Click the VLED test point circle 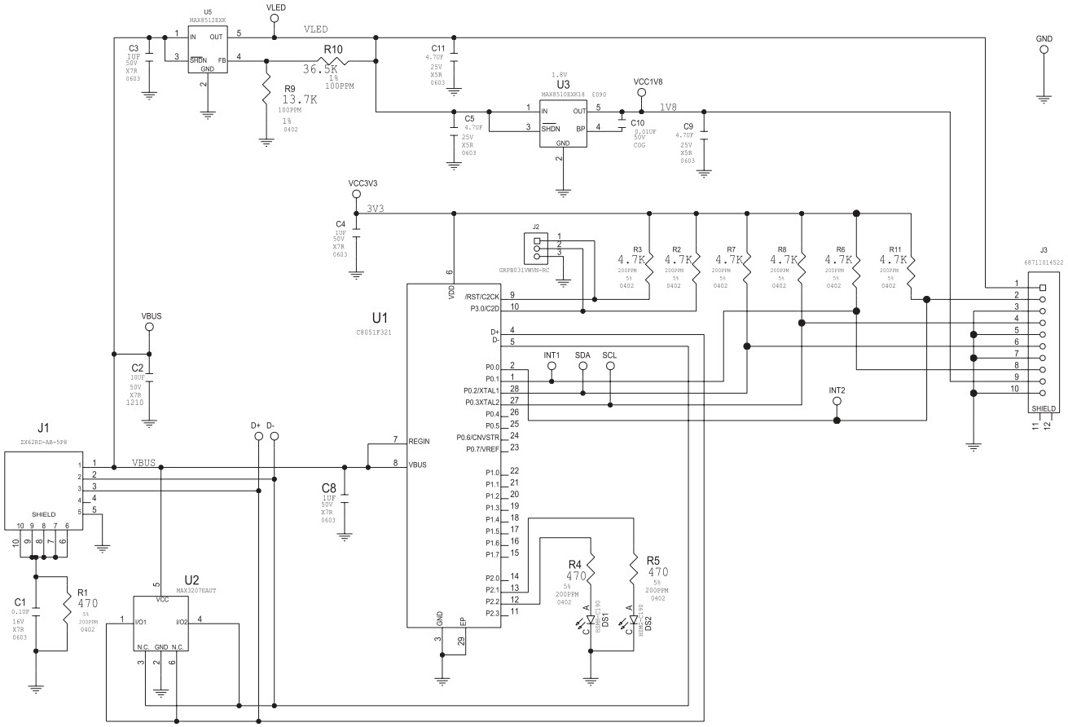pos(275,18)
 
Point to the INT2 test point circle pos(837,403)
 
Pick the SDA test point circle pos(582,368)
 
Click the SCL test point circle pos(609,368)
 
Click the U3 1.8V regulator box pos(562,123)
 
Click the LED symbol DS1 pos(591,619)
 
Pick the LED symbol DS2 pos(633,619)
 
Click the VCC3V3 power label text pos(362,183)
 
